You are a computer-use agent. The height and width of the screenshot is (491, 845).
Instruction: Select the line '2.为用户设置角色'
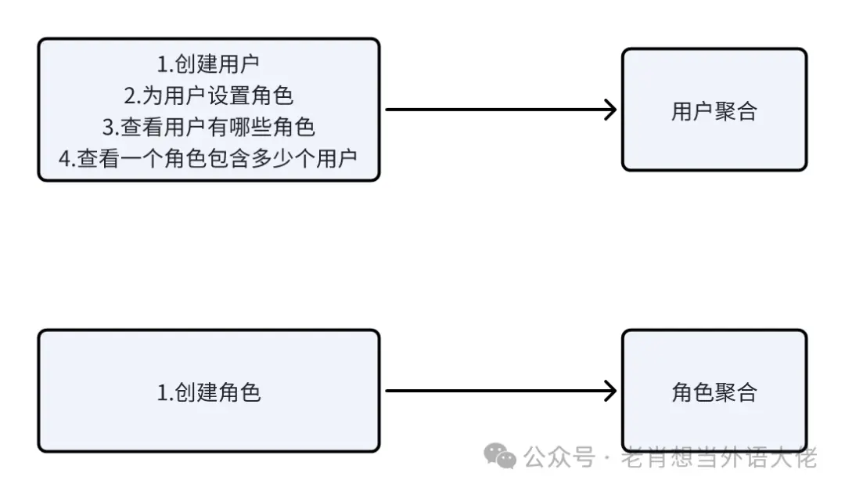(208, 96)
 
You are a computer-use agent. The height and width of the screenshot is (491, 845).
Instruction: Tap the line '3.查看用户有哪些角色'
(208, 127)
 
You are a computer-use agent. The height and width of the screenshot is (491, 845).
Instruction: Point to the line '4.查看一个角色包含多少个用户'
(208, 157)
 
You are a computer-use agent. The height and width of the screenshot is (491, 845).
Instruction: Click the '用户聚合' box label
(714, 111)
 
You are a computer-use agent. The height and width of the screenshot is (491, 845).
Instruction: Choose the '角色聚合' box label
(714, 392)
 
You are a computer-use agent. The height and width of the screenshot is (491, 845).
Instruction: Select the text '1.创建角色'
(208, 392)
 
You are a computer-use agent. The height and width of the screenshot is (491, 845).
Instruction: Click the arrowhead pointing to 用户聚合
(610, 110)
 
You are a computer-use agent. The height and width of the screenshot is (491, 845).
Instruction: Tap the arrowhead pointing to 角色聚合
(610, 391)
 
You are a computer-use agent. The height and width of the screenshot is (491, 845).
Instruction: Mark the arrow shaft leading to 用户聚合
(493, 110)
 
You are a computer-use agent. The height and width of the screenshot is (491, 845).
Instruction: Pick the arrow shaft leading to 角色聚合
(493, 391)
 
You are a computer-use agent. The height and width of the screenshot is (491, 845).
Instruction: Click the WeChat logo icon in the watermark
(500, 456)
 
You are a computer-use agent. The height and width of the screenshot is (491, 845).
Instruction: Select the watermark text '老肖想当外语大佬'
(718, 457)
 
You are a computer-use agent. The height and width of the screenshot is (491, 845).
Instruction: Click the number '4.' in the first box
(67, 158)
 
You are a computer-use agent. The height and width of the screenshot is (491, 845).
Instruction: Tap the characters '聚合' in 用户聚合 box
(735, 111)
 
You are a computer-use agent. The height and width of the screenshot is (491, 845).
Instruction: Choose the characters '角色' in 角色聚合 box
(692, 392)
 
